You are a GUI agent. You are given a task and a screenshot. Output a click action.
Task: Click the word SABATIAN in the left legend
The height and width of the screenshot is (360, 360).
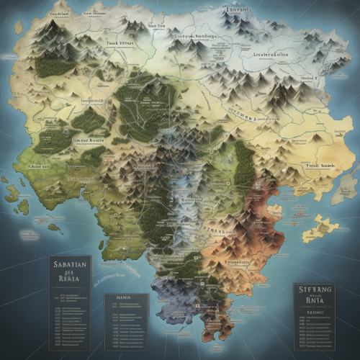pos(69,265)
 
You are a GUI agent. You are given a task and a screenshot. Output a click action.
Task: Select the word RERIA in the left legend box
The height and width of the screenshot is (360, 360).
pos(69,282)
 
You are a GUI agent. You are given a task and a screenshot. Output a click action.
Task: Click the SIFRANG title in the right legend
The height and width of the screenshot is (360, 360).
pos(315,289)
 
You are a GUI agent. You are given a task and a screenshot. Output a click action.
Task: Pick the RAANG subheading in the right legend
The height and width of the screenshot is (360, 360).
pos(315,313)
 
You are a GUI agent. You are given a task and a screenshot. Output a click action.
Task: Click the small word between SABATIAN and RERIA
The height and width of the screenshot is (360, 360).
pos(69,274)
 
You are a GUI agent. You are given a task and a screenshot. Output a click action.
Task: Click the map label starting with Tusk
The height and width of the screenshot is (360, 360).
pos(120,42)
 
